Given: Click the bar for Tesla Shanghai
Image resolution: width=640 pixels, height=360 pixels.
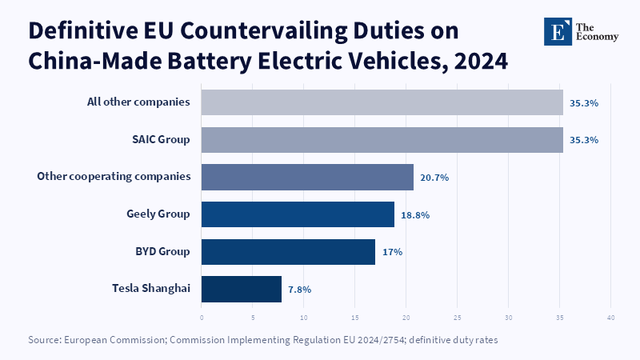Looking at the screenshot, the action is click(242, 289).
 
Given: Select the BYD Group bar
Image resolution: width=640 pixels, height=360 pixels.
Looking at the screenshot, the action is click(288, 252).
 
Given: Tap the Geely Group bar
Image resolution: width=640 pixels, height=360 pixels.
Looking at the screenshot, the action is click(298, 214).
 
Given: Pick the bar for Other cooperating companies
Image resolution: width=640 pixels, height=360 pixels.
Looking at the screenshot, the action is click(307, 177).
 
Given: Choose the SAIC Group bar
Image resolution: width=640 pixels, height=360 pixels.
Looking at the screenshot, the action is click(382, 140).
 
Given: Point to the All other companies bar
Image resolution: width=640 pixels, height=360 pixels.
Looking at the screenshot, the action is click(382, 102).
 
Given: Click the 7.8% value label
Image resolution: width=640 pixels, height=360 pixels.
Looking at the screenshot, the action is click(299, 290).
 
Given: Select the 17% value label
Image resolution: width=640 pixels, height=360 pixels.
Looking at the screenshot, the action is click(392, 252).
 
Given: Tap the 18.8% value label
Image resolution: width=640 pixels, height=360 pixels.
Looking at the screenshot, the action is click(415, 215).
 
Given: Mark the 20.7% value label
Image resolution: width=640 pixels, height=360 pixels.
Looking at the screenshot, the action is click(434, 178).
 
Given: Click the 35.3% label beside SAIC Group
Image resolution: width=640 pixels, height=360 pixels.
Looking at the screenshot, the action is click(584, 140).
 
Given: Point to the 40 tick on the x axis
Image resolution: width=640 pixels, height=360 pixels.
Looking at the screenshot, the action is click(610, 318).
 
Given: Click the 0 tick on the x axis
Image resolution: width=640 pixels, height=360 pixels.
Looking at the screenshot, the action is click(202, 318).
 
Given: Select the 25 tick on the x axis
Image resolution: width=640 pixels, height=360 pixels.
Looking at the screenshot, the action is click(457, 318).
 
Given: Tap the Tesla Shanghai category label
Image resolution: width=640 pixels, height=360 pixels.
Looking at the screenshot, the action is click(151, 288).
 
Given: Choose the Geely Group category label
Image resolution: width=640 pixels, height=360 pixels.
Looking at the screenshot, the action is click(158, 214).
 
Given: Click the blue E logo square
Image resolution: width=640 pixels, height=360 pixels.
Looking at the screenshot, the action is click(558, 31).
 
